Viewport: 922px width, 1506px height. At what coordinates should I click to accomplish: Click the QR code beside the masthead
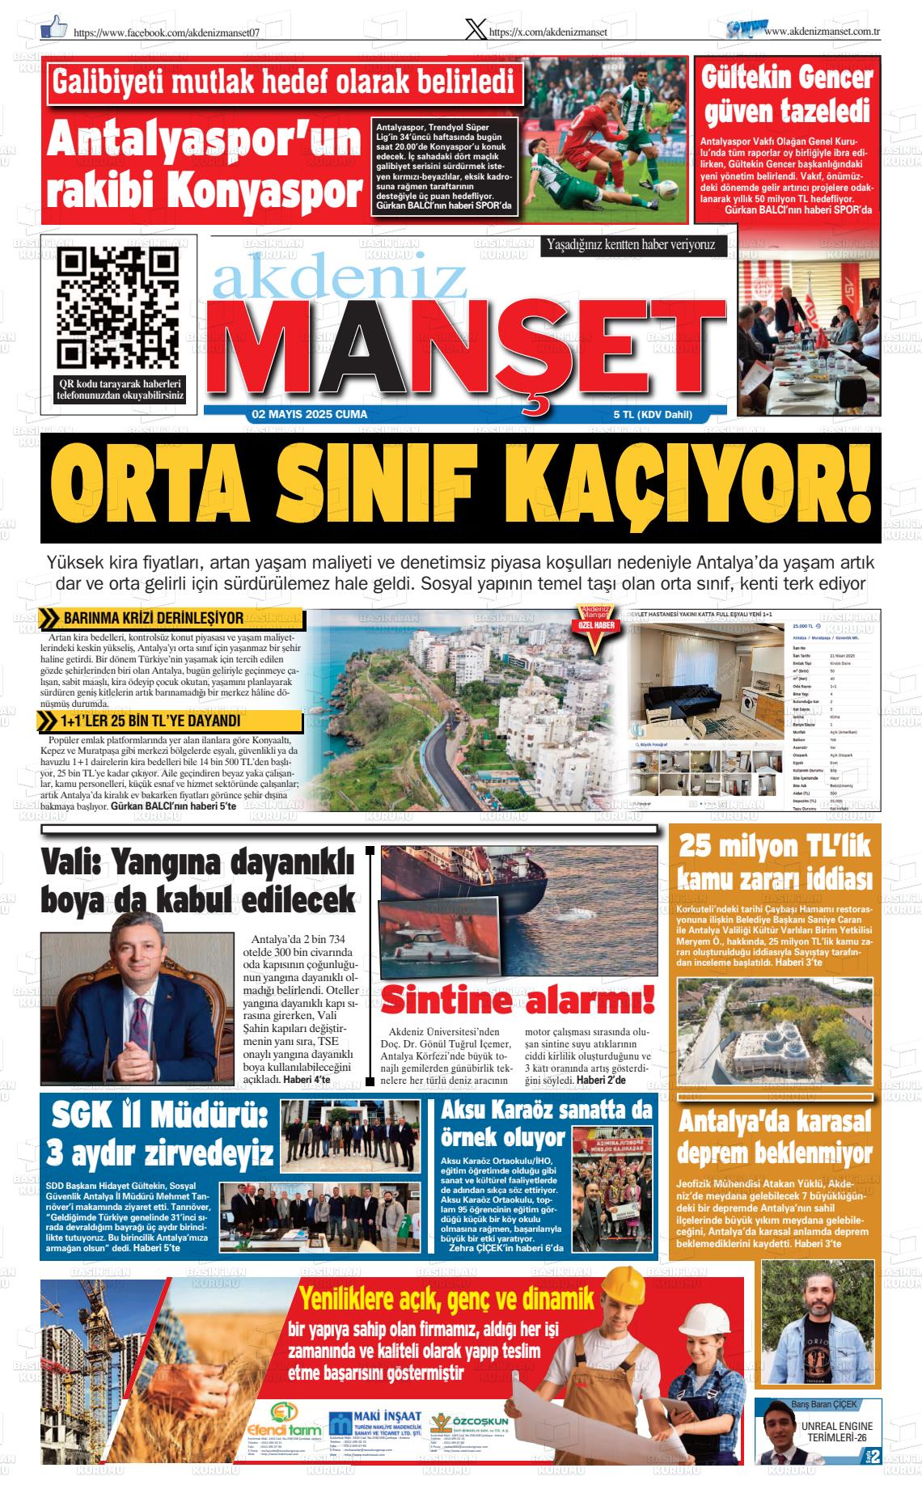[x=118, y=307]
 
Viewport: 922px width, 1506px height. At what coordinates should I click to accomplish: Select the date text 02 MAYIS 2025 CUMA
[x=310, y=414]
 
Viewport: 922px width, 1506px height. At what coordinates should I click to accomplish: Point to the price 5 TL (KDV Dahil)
[x=653, y=415]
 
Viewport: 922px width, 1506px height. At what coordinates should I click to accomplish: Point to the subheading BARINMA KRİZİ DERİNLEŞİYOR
[x=154, y=619]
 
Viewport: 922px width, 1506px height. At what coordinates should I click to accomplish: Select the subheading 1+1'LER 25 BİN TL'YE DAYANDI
[x=150, y=721]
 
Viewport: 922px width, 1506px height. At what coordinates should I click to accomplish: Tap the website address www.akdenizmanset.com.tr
[x=822, y=31]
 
